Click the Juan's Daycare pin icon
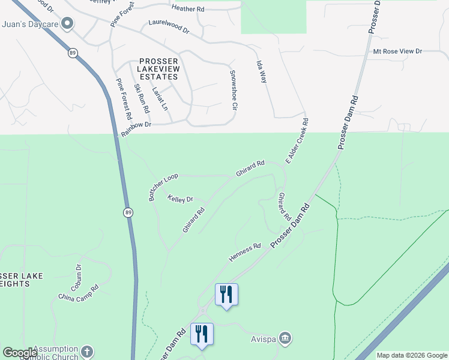pyautogui.click(x=67, y=24)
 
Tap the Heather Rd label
pyautogui.click(x=188, y=8)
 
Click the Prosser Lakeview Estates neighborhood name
pyautogui.click(x=158, y=69)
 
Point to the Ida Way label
pyautogui.click(x=261, y=71)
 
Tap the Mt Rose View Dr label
pyautogui.click(x=397, y=52)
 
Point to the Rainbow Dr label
pyautogui.click(x=136, y=128)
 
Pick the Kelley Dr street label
pyautogui.click(x=180, y=199)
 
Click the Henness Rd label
pyautogui.click(x=245, y=253)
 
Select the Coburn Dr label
pyautogui.click(x=77, y=277)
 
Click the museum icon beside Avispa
pyautogui.click(x=286, y=337)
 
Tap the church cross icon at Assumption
pyautogui.click(x=88, y=352)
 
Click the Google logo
pyautogui.click(x=20, y=353)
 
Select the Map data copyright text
pyautogui.click(x=411, y=355)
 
